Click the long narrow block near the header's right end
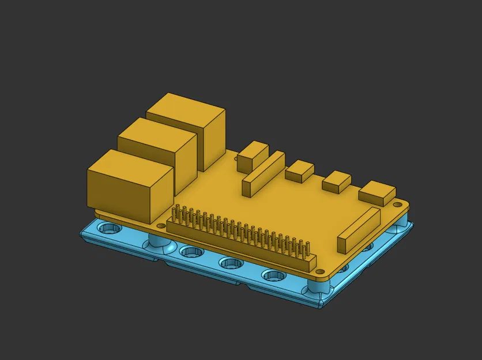[x=359, y=230]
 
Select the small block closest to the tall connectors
[x=253, y=156]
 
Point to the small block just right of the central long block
[x=299, y=170]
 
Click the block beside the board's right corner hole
[x=376, y=192]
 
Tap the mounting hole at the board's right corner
[x=397, y=204]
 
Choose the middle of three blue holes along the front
[x=231, y=263]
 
